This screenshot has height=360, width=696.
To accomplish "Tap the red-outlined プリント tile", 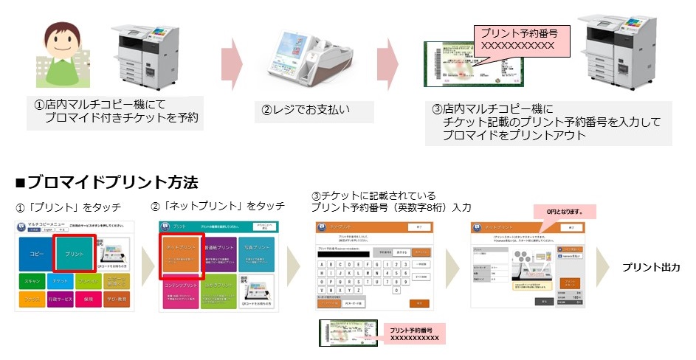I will (74, 253).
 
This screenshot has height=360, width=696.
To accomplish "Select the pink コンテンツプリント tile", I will (180, 291).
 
